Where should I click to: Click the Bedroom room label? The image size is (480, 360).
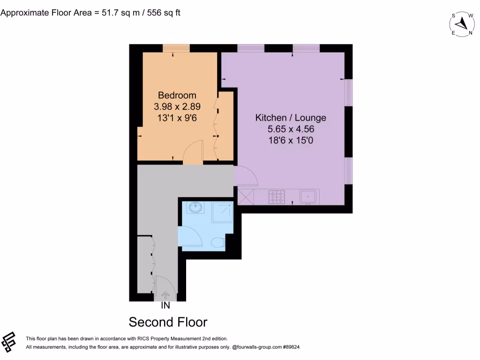pos(177,95)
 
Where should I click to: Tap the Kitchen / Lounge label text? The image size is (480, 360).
pos(290,117)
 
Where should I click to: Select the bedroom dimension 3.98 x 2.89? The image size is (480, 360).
pos(177,106)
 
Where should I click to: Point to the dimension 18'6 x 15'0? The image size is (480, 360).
pos(290,140)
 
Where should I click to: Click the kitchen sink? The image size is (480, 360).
pos(308,196)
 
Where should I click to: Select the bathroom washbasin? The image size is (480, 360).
pos(195,207)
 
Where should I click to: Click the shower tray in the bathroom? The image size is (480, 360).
pos(222,212)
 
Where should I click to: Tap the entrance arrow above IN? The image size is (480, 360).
pos(165,295)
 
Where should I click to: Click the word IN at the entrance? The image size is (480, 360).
pos(165,306)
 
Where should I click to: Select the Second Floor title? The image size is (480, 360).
pos(168,322)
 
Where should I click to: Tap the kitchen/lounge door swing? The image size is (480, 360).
pos(245,176)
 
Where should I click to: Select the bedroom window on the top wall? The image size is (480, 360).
pos(176,48)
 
